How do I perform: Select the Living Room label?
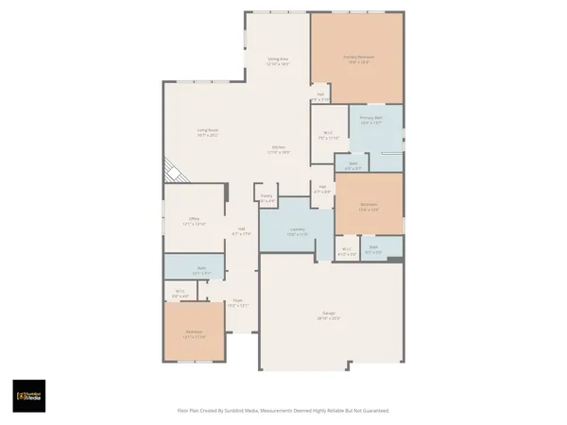(x=207, y=132)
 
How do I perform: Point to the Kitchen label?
(x=278, y=148)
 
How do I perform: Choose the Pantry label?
(x=266, y=197)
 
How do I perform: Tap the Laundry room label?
(x=297, y=231)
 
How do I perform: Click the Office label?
(x=193, y=220)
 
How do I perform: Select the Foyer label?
(x=238, y=303)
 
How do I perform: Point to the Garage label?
(x=329, y=316)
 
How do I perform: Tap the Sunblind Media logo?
(x=29, y=395)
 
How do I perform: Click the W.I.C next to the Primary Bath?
(x=328, y=135)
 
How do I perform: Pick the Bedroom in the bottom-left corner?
(x=193, y=333)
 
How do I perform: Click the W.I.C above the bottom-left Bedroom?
(x=180, y=294)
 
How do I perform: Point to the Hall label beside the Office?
(x=241, y=231)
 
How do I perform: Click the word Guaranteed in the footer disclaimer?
(x=373, y=411)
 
